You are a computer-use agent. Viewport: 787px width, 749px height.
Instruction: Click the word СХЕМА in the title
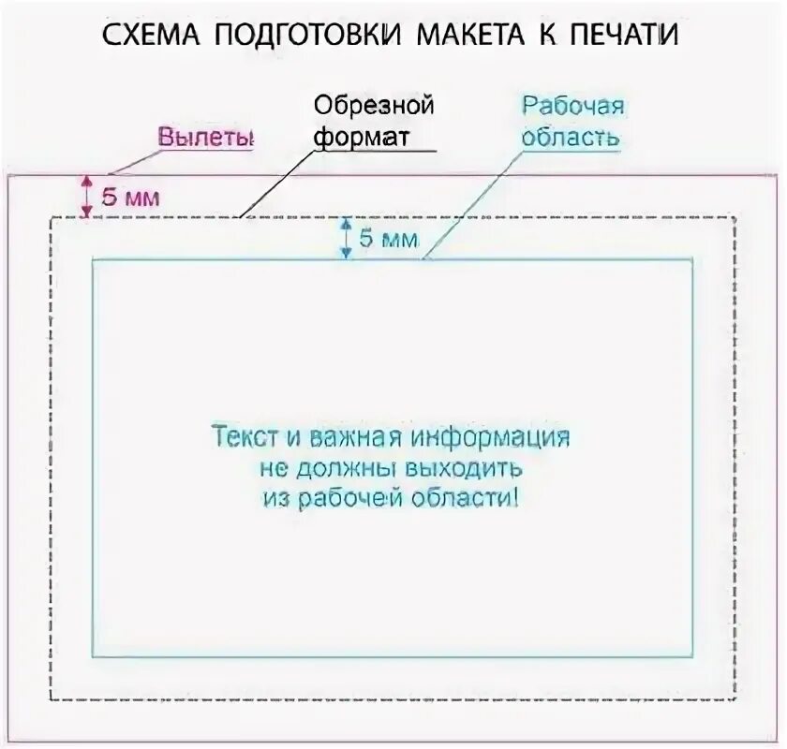click(151, 35)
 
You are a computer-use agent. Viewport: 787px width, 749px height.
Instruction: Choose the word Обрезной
click(373, 104)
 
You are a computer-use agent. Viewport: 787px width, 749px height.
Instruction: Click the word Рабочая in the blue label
click(573, 105)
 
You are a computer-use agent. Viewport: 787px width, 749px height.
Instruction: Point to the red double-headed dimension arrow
click(86, 197)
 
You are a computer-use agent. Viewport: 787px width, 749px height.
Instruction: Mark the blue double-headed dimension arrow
click(346, 238)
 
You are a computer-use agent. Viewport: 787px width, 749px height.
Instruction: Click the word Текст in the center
click(243, 437)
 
